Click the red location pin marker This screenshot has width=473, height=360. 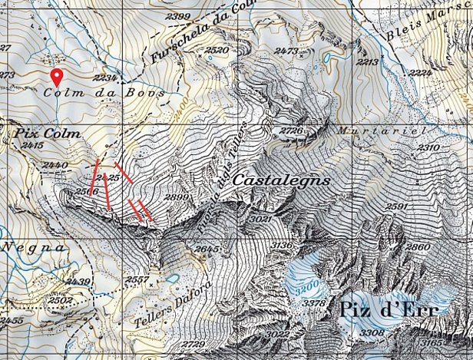(x=56, y=77)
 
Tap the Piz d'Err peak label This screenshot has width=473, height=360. (x=386, y=310)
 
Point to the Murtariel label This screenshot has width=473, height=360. (x=381, y=130)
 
